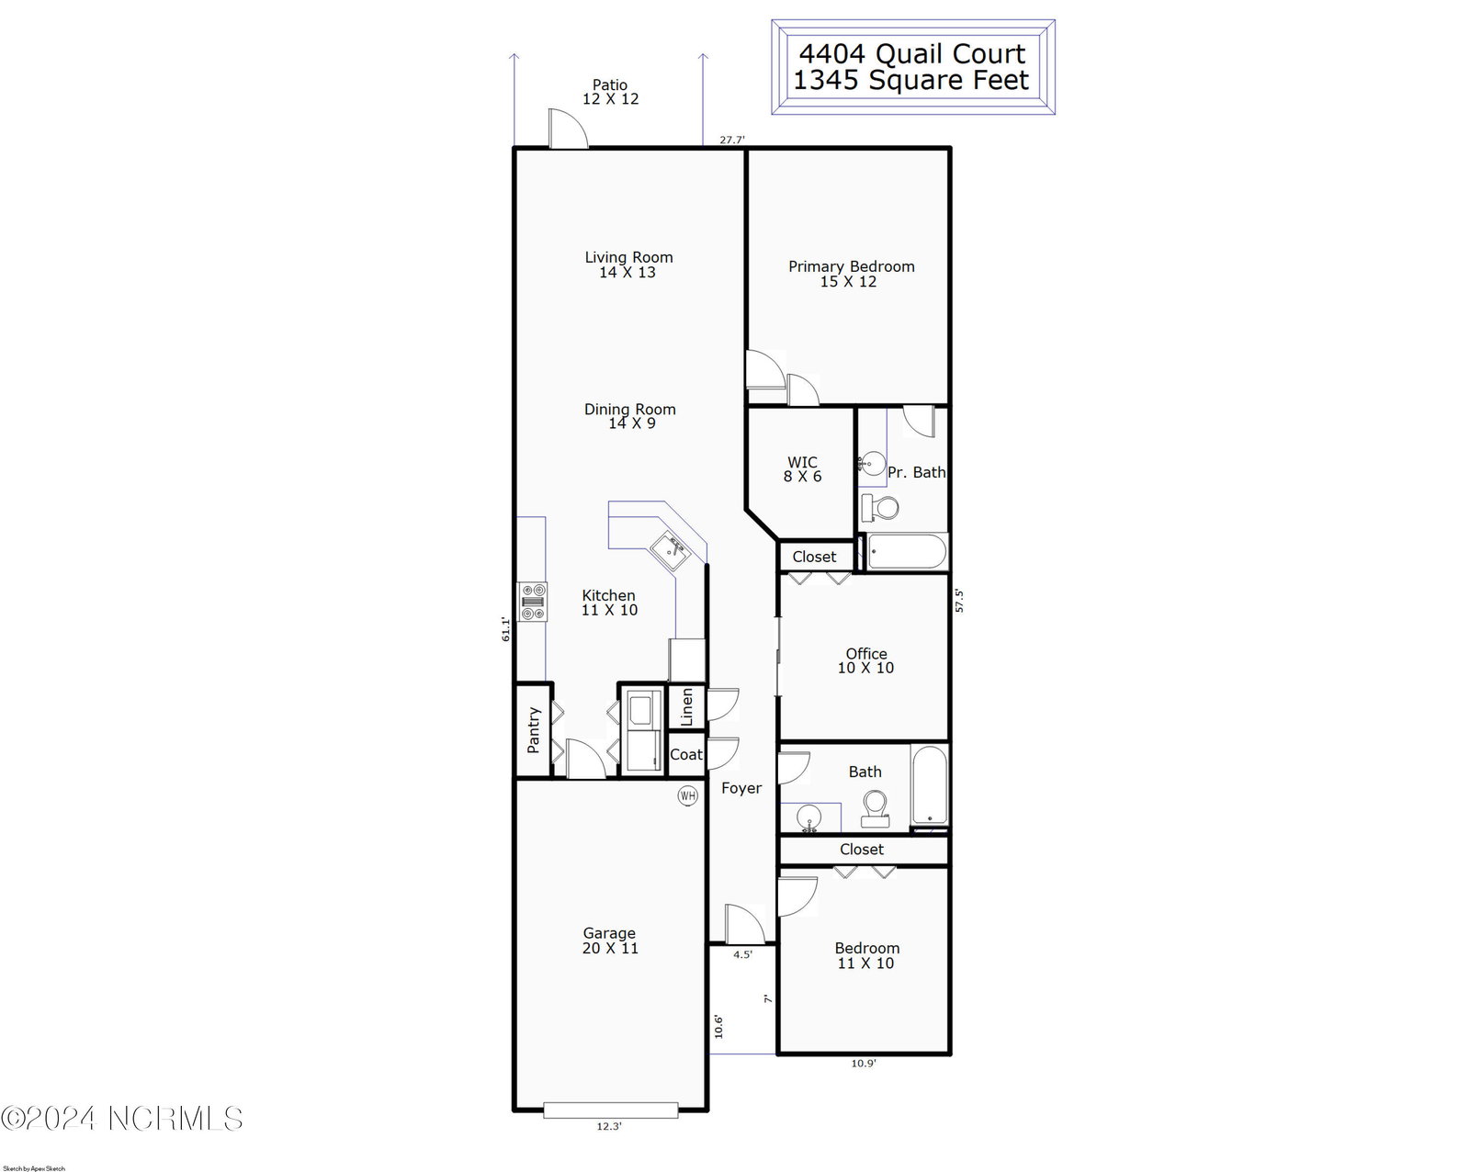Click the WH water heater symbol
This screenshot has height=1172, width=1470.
point(687,795)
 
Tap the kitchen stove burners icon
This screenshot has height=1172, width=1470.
point(533,602)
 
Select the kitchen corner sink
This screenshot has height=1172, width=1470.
point(670,551)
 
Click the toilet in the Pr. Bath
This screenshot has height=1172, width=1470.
point(880,507)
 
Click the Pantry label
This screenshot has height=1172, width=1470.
point(534,730)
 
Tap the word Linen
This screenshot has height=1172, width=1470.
point(687,707)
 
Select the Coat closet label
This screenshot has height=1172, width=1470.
point(685,755)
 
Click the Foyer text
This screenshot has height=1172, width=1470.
point(741,788)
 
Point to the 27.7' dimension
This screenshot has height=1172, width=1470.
point(731,140)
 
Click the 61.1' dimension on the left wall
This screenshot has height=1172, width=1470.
point(506,629)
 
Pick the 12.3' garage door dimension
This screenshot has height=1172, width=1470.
point(609,1126)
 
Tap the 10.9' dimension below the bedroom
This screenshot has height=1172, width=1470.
point(864,1064)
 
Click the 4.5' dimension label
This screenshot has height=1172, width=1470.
point(742,955)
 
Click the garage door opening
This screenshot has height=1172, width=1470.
point(611,1110)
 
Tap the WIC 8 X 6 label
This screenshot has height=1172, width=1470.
point(803,469)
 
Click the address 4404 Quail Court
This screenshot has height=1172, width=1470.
point(912,53)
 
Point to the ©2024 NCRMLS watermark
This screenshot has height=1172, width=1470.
point(121,1119)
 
